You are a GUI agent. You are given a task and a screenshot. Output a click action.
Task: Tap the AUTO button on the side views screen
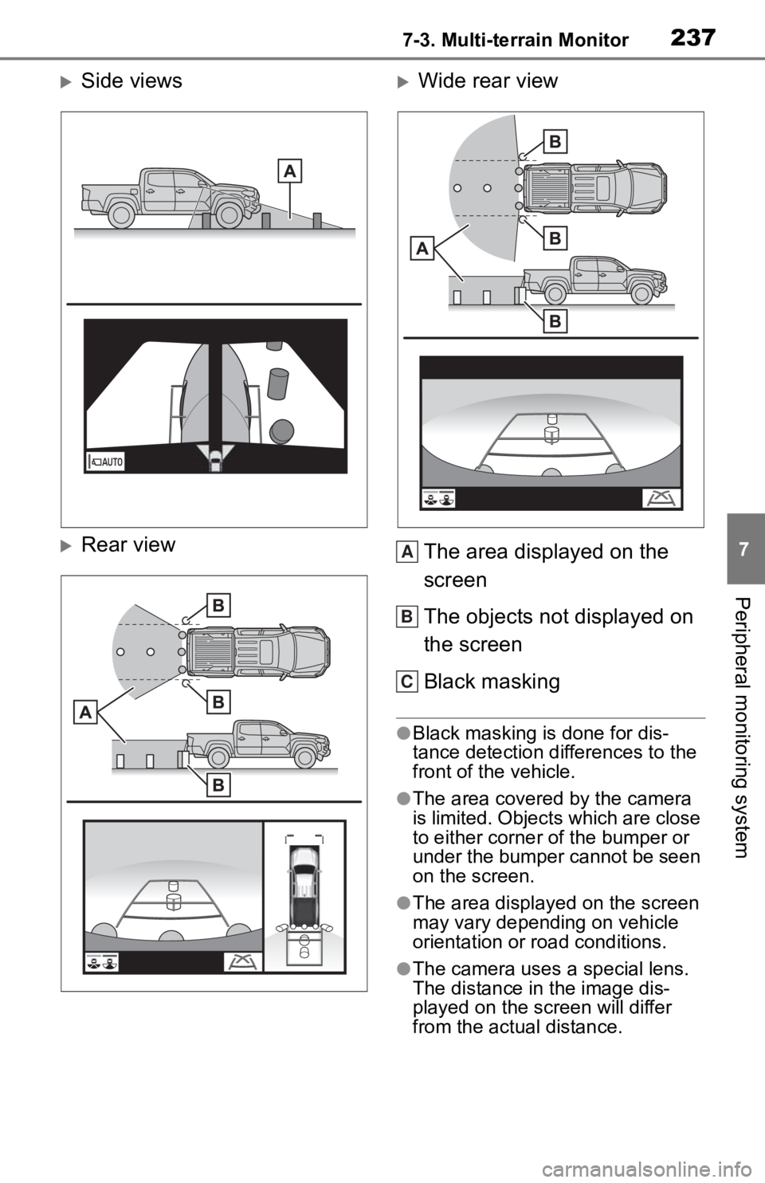[104, 462]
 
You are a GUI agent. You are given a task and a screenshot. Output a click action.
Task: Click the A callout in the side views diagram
[290, 171]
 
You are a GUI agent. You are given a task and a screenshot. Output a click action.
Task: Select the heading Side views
[131, 81]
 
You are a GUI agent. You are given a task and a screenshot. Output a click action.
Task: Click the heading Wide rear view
[488, 81]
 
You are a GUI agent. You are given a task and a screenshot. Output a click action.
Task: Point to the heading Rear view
[128, 544]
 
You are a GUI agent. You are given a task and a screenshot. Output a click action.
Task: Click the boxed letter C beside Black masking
[406, 682]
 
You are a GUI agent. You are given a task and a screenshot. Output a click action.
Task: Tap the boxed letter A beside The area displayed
[406, 552]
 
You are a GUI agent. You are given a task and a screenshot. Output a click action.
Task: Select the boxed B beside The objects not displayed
[406, 616]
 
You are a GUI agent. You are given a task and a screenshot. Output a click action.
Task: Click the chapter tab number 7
[743, 549]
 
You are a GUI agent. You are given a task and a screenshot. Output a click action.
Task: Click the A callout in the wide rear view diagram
[422, 249]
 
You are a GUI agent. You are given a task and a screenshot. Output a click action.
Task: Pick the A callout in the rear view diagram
[85, 713]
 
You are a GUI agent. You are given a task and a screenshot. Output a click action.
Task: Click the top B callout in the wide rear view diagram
[555, 142]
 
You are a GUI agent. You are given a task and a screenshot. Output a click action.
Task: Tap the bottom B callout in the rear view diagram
[218, 784]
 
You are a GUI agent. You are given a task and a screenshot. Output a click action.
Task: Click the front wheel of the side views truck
[229, 214]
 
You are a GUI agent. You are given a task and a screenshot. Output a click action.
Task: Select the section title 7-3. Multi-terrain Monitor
[516, 40]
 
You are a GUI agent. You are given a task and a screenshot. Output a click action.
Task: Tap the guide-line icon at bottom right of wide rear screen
[661, 498]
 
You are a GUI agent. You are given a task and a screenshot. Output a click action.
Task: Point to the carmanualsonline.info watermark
[652, 1169]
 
